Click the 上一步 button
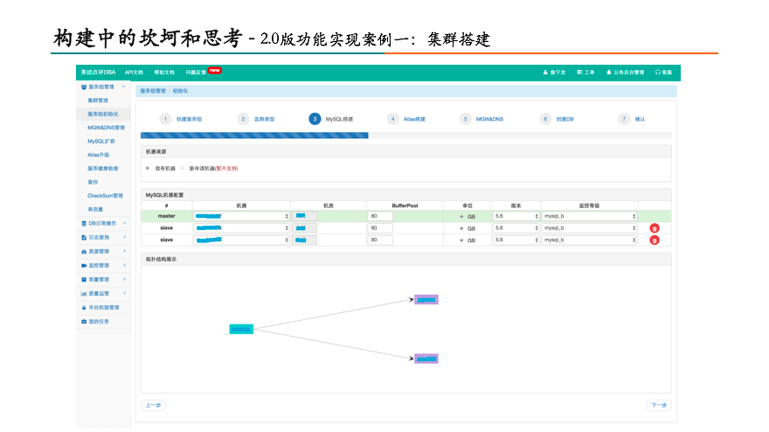coord(153,405)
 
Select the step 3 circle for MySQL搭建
coord(315,119)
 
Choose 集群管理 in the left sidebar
coord(98,101)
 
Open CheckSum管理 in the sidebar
coord(105,196)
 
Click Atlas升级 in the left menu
coord(99,155)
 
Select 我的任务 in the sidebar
coord(99,321)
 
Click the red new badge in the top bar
coord(214,70)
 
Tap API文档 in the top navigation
coord(134,72)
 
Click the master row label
coord(166,215)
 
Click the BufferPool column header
coord(405,206)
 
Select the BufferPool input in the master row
coord(380,215)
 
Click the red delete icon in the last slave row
coord(655,240)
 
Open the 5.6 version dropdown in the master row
coord(516,215)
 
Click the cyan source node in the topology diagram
coord(241,329)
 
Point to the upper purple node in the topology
coord(426,300)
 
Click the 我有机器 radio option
coord(148,168)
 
